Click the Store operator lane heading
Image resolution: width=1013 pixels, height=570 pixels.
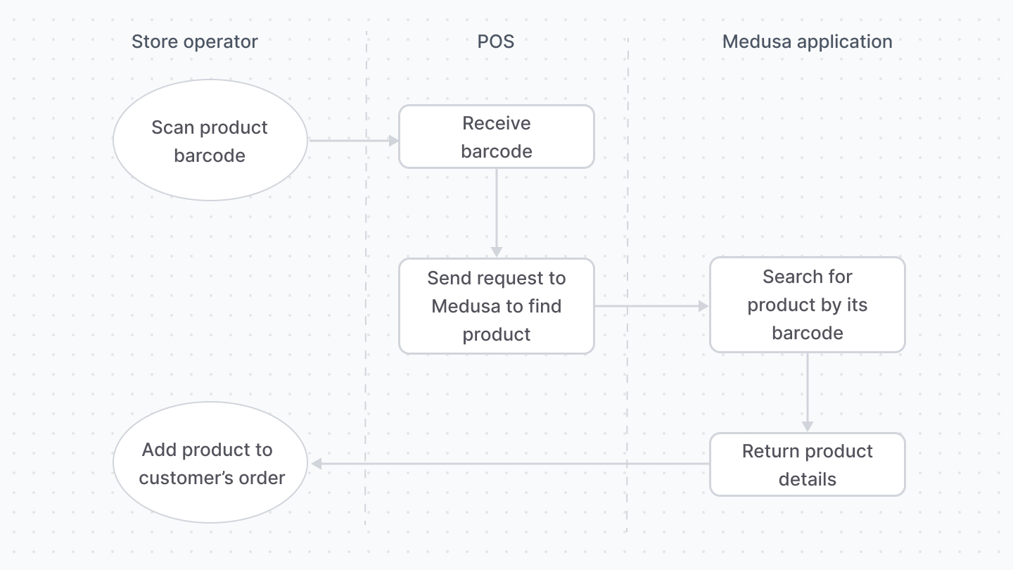(x=195, y=42)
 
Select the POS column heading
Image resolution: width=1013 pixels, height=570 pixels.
(x=496, y=42)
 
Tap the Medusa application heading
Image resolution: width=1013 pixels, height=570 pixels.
(x=807, y=42)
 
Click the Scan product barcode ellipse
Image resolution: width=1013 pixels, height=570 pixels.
(x=210, y=141)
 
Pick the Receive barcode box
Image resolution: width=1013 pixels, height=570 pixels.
(x=497, y=137)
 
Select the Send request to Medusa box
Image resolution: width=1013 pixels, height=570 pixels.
(x=497, y=306)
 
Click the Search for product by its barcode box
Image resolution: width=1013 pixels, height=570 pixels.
(x=807, y=305)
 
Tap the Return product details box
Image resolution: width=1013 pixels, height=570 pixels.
(x=807, y=464)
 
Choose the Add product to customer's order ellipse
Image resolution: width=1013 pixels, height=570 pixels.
(x=210, y=463)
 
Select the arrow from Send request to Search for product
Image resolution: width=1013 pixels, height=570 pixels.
(x=651, y=306)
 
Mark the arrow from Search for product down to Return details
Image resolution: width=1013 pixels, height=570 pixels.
(x=808, y=391)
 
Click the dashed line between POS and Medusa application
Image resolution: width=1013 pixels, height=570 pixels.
(x=627, y=211)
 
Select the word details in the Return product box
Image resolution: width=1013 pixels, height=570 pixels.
(x=808, y=479)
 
